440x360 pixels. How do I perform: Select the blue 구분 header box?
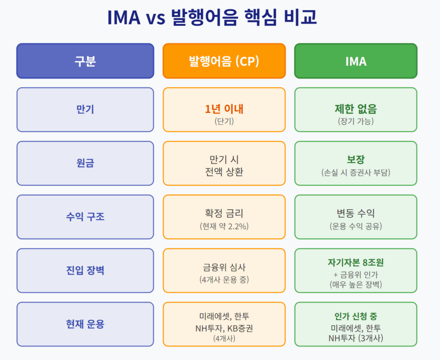(x=85, y=61)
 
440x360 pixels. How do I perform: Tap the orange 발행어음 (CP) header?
(x=224, y=61)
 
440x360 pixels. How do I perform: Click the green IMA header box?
(x=355, y=61)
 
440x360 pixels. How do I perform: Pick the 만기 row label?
(x=85, y=110)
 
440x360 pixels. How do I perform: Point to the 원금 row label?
(x=85, y=163)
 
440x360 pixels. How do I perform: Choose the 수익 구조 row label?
(x=85, y=217)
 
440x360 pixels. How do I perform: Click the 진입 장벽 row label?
(x=85, y=271)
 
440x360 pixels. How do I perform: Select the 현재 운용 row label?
(x=85, y=324)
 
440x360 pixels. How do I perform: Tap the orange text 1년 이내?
(x=224, y=109)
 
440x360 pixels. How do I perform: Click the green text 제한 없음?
(x=355, y=109)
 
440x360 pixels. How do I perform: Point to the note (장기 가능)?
(x=355, y=121)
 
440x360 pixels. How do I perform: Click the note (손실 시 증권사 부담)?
(x=355, y=173)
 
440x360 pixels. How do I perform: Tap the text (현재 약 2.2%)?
(x=224, y=226)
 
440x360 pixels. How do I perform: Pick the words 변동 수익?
(x=355, y=213)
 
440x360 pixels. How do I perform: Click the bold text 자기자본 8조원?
(x=355, y=262)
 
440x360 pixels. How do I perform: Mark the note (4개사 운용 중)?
(x=224, y=279)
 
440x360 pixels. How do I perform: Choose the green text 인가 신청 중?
(x=355, y=317)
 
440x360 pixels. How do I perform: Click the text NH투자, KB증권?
(x=224, y=328)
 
